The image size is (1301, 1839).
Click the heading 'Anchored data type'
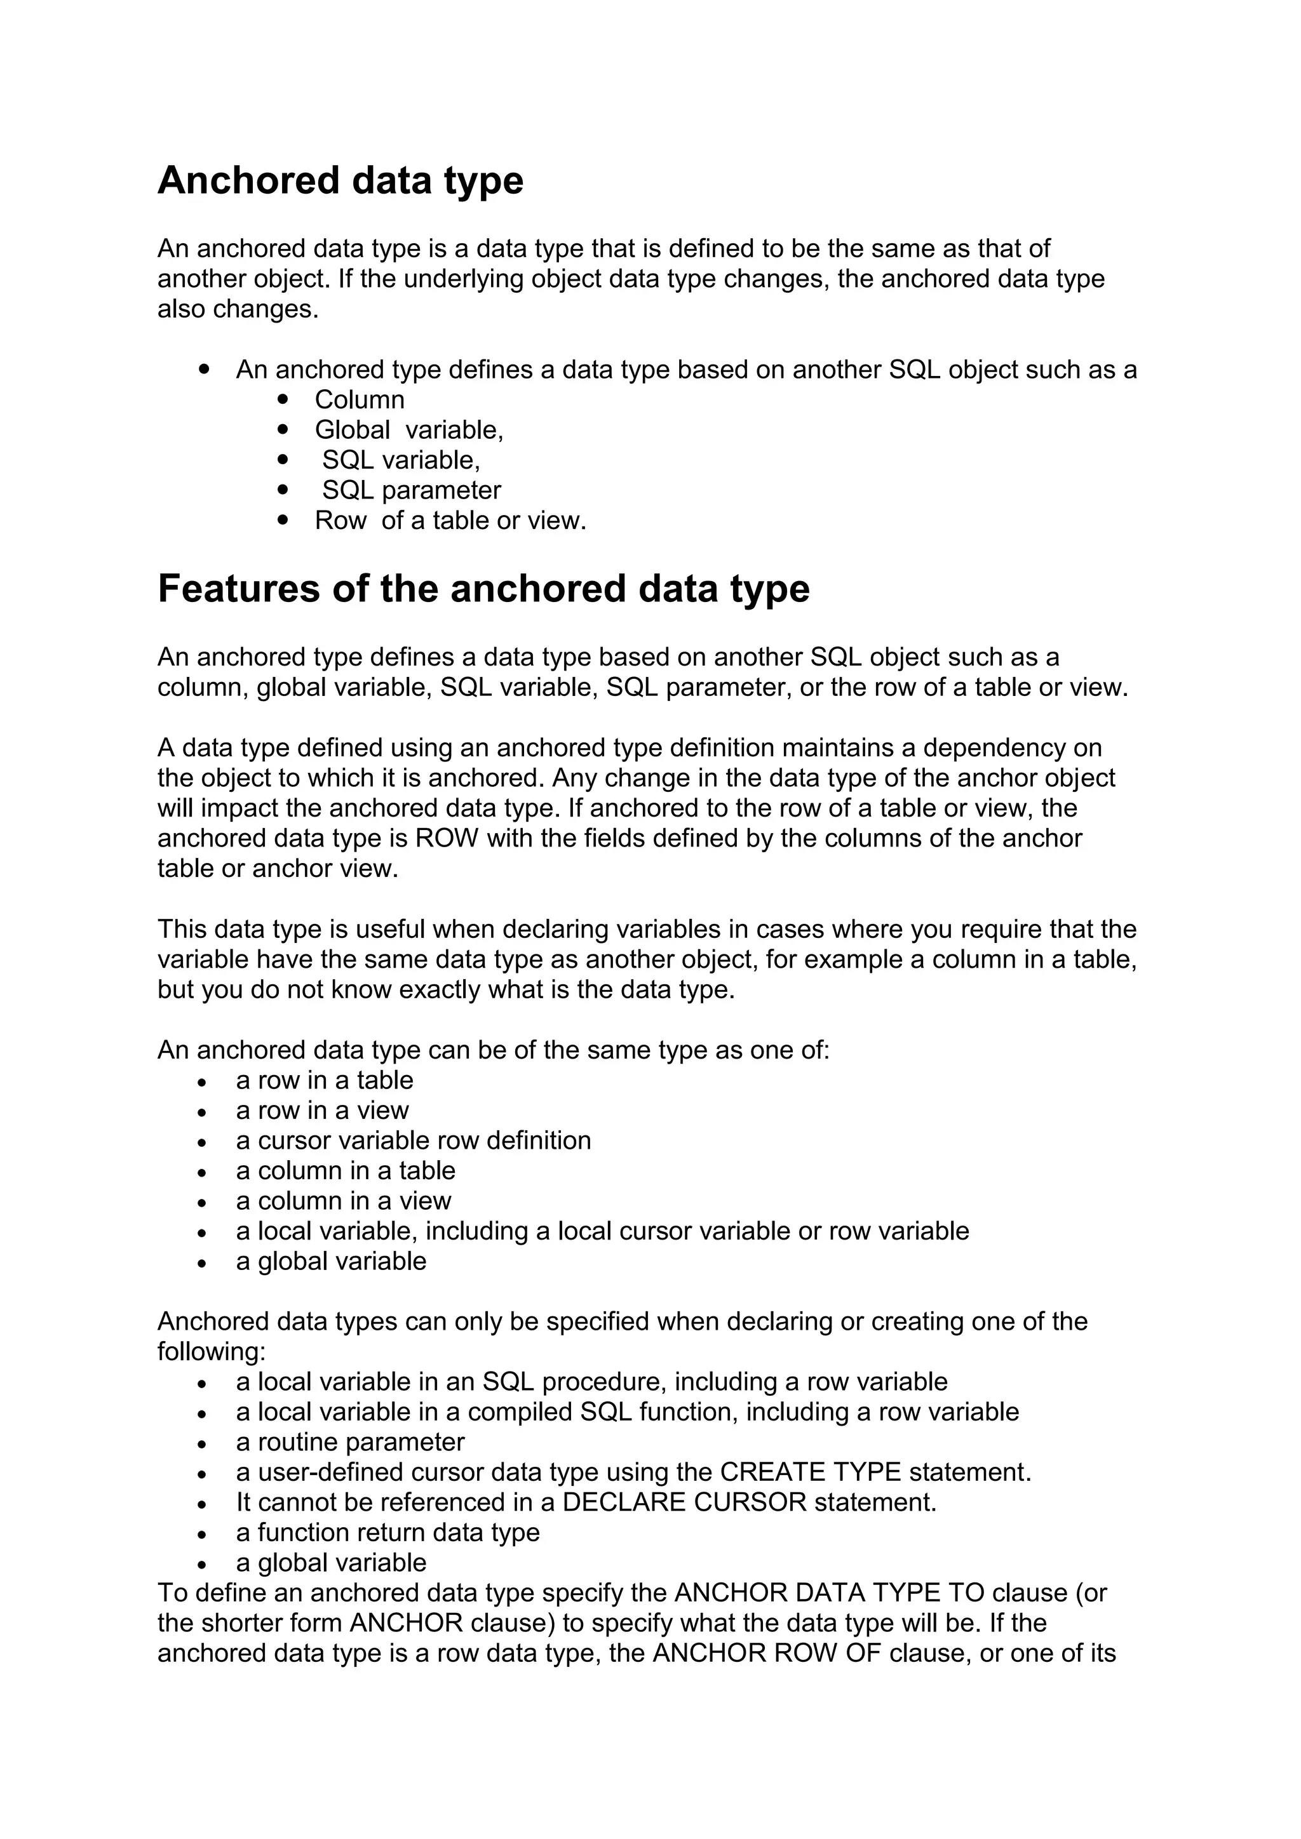[340, 180]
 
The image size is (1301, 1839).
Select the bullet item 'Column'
[359, 399]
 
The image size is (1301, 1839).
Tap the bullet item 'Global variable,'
[408, 430]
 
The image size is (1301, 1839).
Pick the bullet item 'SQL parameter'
[411, 490]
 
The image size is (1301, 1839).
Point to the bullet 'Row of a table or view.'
[450, 521]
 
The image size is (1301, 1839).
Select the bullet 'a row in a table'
[325, 1081]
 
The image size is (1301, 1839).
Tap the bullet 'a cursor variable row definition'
[414, 1140]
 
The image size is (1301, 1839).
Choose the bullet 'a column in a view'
[344, 1201]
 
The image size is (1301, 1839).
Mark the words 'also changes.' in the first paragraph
[238, 309]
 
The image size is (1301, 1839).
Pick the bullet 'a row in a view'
[322, 1111]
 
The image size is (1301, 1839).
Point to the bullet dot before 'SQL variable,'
[282, 460]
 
